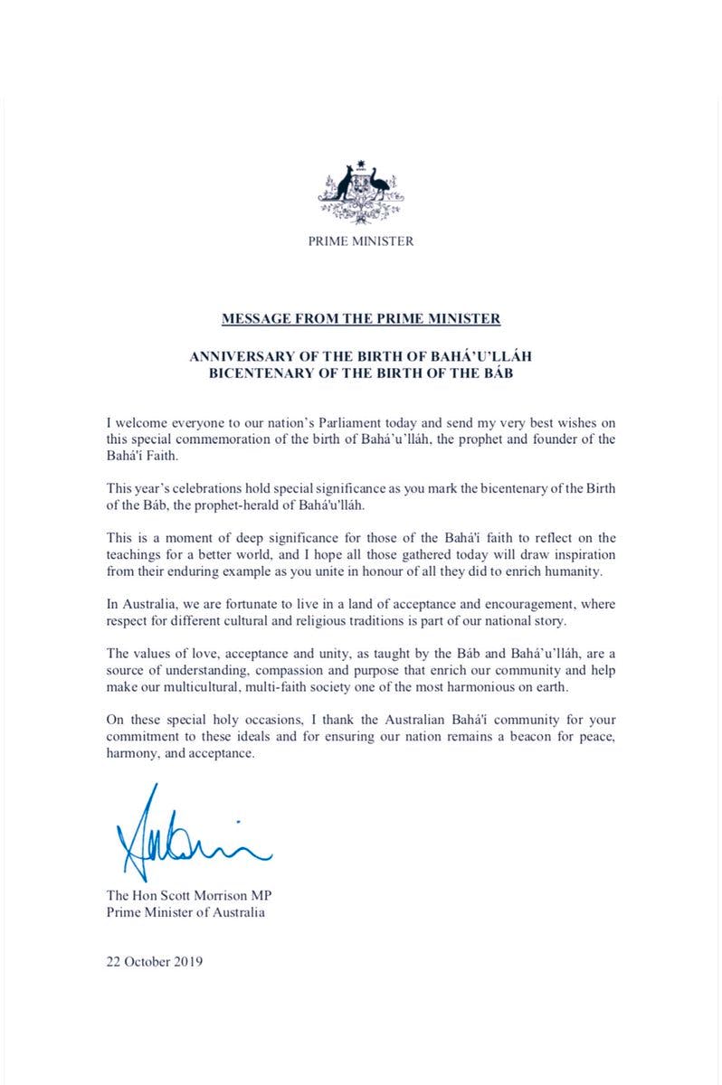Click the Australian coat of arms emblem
[361, 192]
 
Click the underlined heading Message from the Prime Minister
[361, 318]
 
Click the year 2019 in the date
[187, 961]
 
